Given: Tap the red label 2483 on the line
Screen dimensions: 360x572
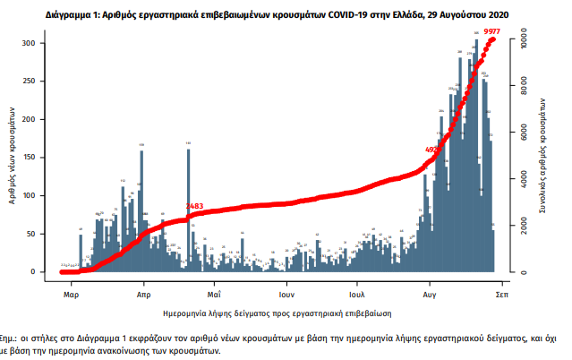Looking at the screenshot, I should (194, 207).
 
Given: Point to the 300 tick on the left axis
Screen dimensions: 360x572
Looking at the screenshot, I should (30, 44).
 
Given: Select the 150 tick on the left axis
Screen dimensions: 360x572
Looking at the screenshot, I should (30, 158).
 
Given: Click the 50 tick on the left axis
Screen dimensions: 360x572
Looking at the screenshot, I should (31, 234).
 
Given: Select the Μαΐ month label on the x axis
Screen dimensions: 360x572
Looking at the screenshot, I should (214, 293).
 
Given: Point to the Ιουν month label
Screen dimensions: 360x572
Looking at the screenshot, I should (286, 293).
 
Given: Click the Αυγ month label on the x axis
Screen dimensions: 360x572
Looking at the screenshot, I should (430, 293).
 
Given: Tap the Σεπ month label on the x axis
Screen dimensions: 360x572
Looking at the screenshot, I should (502, 293).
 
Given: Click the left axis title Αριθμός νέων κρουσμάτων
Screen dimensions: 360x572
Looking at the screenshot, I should (12, 157).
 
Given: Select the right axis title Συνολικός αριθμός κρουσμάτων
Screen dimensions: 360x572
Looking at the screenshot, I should (543, 157).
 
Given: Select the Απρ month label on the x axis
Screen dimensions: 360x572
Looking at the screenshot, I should (143, 293).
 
